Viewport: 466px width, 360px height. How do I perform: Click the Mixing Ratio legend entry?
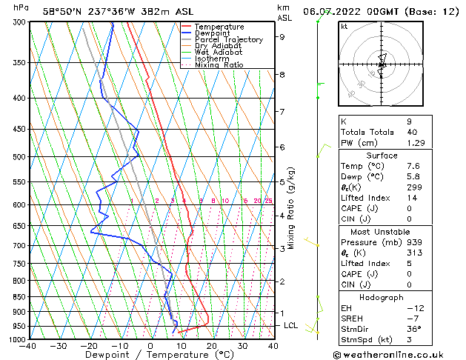[219, 65]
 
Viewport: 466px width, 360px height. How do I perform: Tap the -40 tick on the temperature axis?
[29, 346]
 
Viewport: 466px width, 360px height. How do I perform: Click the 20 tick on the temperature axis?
[212, 346]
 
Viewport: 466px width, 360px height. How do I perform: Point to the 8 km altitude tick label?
[282, 75]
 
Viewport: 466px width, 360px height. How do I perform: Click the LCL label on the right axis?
[290, 325]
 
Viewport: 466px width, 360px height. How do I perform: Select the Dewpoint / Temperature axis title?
[150, 356]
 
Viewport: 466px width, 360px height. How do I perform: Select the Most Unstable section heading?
[382, 232]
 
